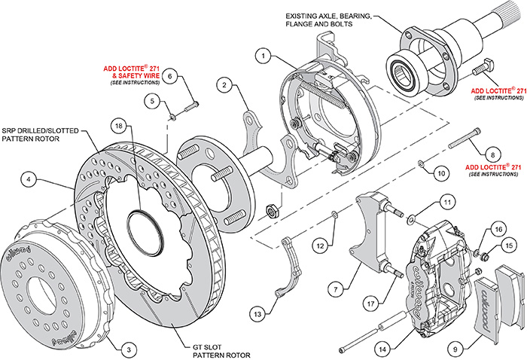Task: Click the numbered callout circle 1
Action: tap(262, 55)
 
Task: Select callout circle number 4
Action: tap(27, 180)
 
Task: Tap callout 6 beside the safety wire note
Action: tap(170, 75)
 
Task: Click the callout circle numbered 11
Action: tap(447, 201)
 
